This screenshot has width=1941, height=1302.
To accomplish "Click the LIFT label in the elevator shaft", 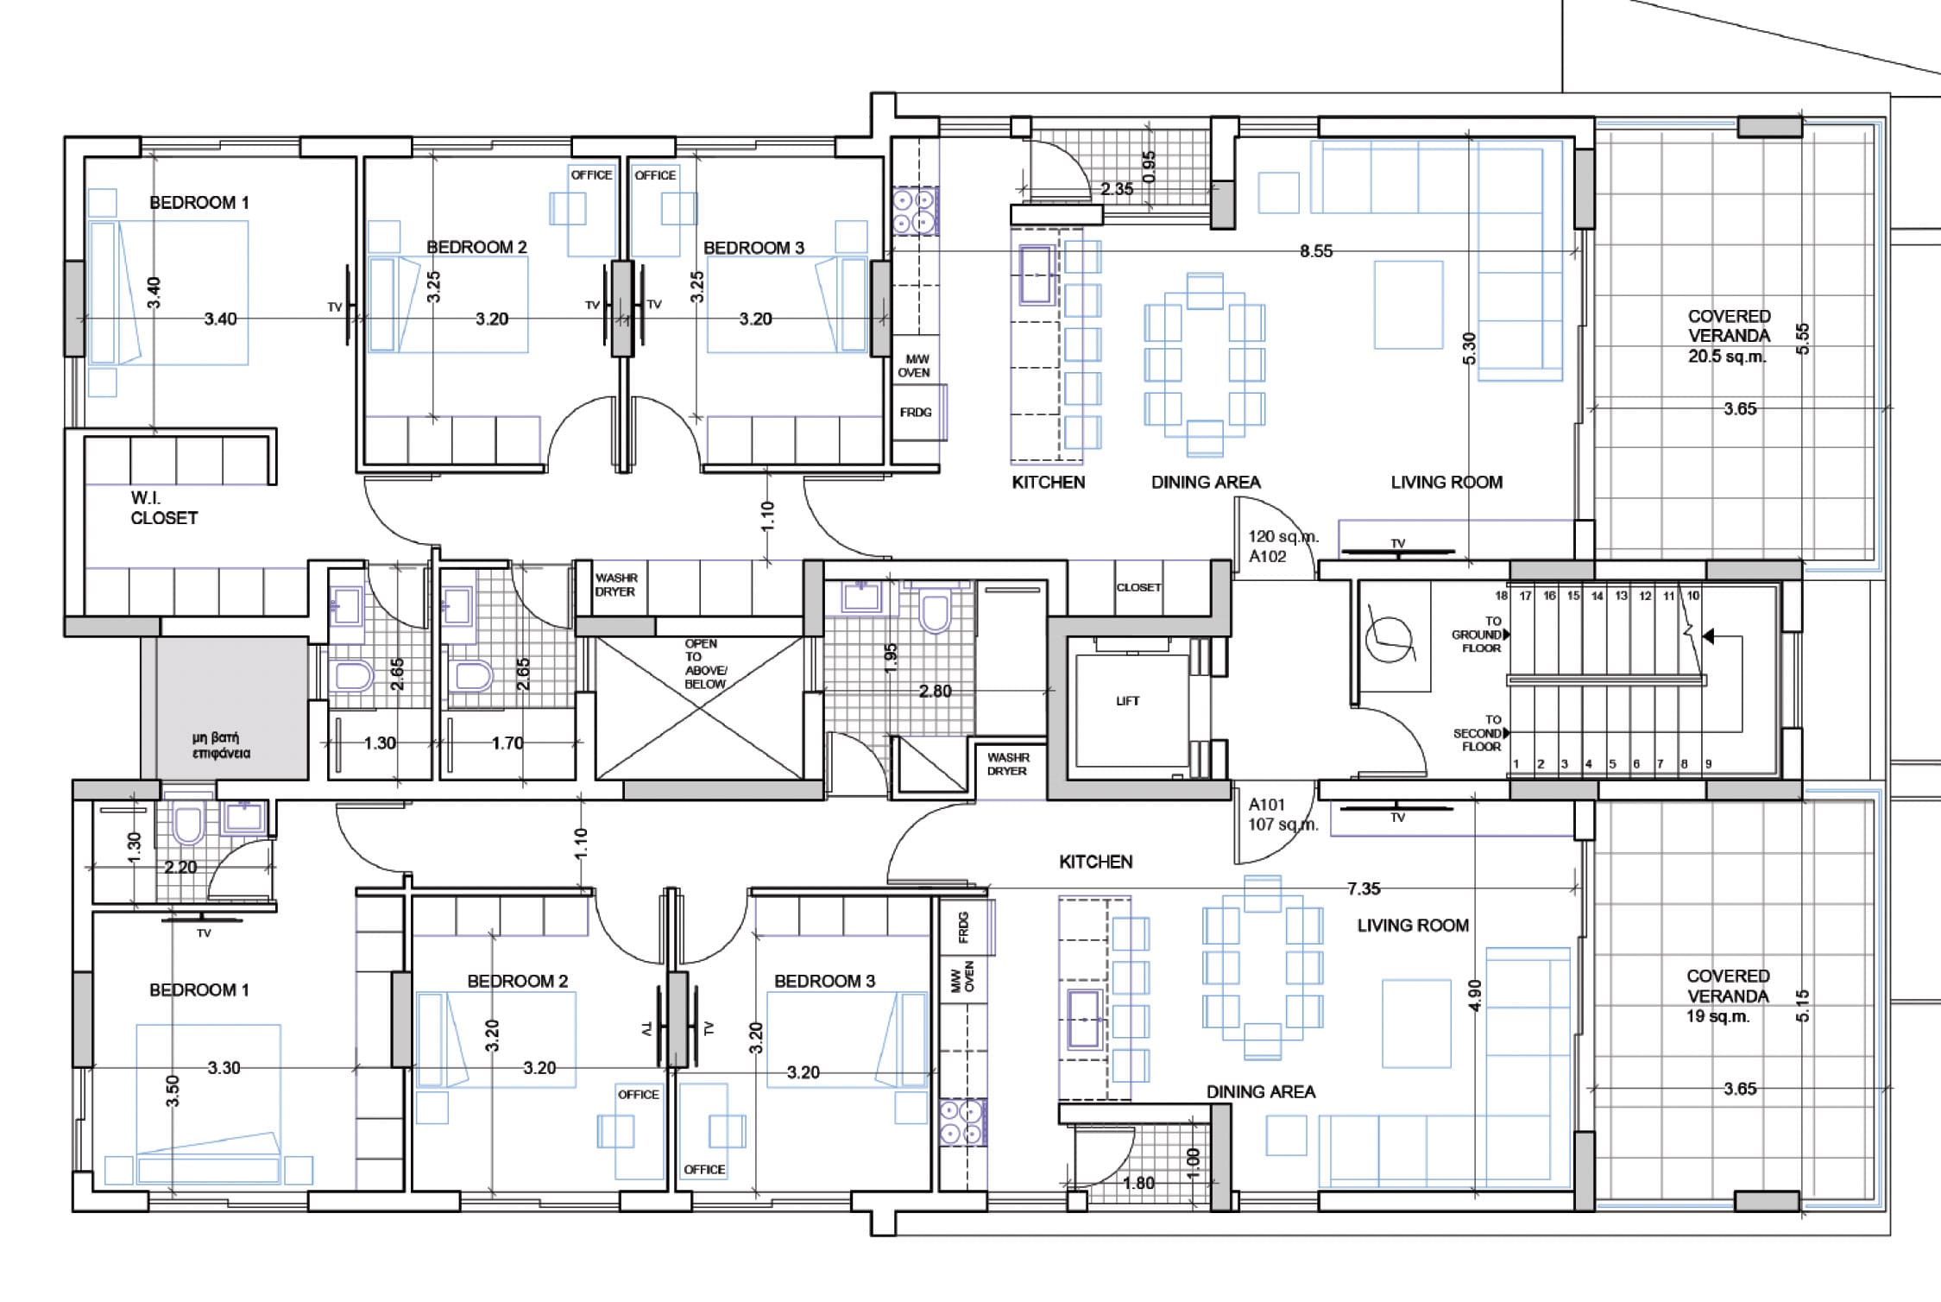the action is coord(1127,701).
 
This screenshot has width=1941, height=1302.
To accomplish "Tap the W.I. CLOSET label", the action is coord(164,509).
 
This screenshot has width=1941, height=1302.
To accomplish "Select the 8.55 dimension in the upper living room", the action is coord(1316,251).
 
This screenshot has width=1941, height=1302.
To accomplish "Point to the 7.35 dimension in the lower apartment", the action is coord(1364,888).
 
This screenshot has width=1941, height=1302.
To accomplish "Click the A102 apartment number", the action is coord(1267,557).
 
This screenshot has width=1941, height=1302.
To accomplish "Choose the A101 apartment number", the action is coord(1267,805).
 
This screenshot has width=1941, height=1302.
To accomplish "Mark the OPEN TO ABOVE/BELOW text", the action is coord(705,664).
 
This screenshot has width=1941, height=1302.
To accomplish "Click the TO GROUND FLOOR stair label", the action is coord(1479,635).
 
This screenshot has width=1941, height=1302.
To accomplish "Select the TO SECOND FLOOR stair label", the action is coord(1479,733).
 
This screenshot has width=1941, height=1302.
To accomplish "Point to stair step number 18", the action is coord(1502,596).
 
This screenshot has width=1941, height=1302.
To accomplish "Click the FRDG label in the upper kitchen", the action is coord(916,413).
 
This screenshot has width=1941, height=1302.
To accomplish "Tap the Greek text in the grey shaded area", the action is coord(221,745).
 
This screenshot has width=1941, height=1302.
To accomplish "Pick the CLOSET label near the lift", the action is coord(1138,587).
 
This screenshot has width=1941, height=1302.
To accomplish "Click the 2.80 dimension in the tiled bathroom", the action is coord(936,691).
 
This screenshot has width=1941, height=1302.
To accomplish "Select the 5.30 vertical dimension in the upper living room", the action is coord(1470,348).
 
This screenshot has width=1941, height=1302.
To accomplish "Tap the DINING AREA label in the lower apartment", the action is coord(1261,1092).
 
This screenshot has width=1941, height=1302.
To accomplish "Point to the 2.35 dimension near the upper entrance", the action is coord(1117,189).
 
